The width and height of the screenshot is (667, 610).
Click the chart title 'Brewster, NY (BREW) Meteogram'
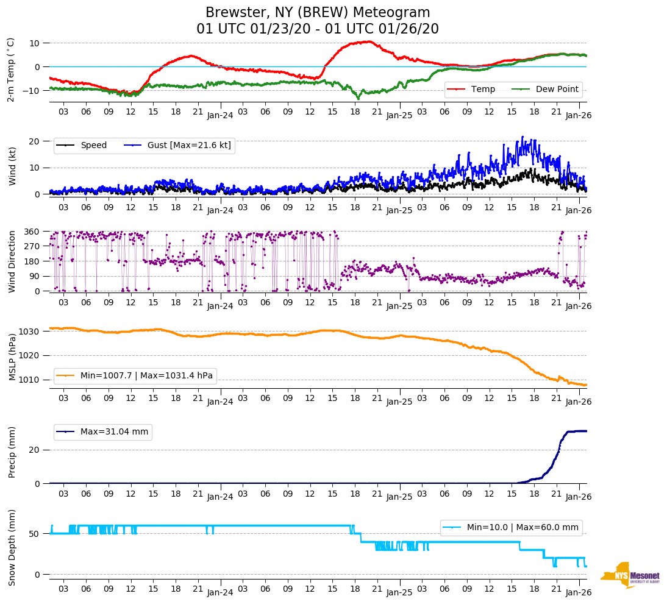318,13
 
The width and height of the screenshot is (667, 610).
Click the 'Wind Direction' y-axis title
12,261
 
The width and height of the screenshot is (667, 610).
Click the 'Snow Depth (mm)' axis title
12,547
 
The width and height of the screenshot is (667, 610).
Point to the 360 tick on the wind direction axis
32,232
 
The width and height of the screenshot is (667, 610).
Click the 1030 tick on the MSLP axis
29,332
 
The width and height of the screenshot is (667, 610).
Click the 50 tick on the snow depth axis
35,534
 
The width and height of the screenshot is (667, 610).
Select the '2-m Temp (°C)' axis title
11,69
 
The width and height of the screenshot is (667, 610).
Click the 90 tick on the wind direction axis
34,276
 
